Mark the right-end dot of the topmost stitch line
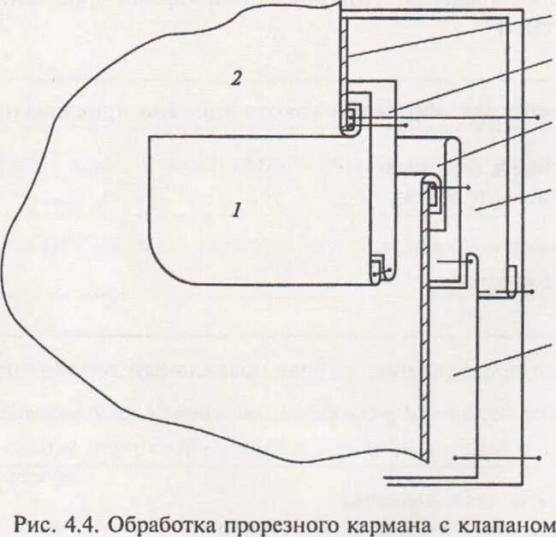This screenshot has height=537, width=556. [x=536, y=116]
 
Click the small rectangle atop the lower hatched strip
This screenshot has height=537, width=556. [x=433, y=196]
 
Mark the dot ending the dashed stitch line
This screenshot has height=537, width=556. [x=534, y=293]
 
